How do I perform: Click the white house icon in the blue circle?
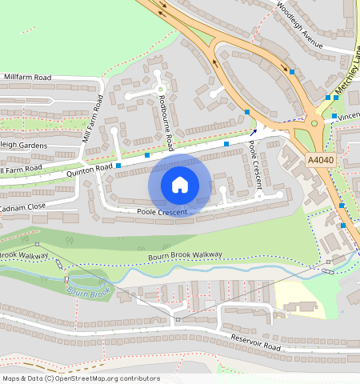(x=180, y=185)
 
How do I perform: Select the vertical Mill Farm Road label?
(x=94, y=119)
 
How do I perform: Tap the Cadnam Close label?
(x=26, y=206)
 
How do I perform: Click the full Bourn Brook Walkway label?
(x=185, y=257)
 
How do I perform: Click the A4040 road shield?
(x=321, y=161)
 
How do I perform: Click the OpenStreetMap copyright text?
(x=81, y=378)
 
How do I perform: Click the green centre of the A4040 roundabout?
(x=314, y=123)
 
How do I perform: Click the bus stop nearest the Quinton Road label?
(x=118, y=166)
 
